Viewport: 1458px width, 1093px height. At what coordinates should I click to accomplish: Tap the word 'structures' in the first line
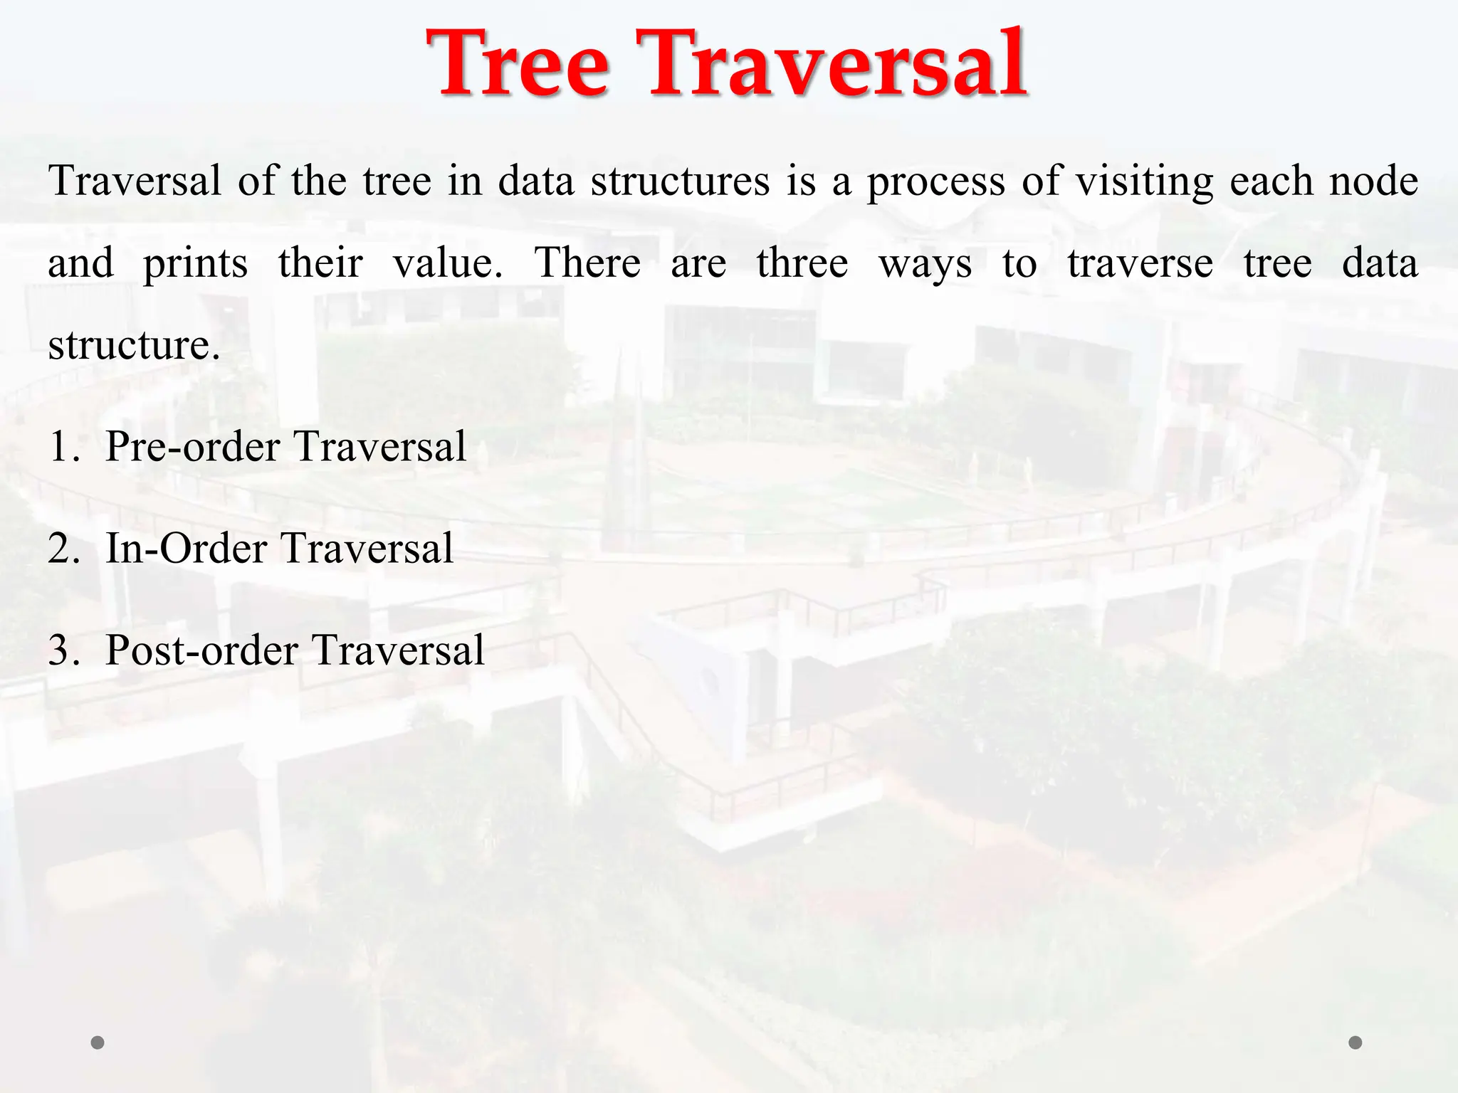[680, 181]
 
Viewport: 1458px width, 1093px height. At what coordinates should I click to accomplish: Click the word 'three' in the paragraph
[802, 263]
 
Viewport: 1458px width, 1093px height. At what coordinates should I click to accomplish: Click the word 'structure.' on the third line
[134, 346]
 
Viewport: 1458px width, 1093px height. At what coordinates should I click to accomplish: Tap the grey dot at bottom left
[98, 1042]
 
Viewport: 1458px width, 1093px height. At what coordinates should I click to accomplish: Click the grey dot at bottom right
[1355, 1042]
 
